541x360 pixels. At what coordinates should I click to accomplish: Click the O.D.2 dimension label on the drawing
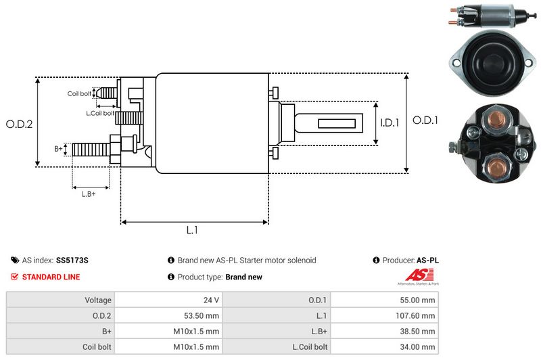pyautogui.click(x=20, y=124)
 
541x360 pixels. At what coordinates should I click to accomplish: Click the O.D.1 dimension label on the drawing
pyautogui.click(x=426, y=120)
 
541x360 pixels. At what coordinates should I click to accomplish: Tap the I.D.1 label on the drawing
pyautogui.click(x=390, y=123)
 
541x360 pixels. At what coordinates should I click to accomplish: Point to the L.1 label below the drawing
pyautogui.click(x=192, y=230)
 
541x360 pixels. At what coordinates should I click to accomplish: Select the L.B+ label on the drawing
pyautogui.click(x=89, y=195)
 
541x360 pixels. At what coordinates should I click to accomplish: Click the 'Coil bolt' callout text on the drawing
pyautogui.click(x=78, y=94)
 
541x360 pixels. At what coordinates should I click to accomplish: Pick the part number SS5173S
pyautogui.click(x=72, y=260)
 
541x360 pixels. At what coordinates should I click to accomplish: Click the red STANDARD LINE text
pyautogui.click(x=51, y=277)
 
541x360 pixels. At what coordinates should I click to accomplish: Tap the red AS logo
pyautogui.click(x=413, y=275)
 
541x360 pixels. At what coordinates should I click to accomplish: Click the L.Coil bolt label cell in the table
pyautogui.click(x=309, y=347)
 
